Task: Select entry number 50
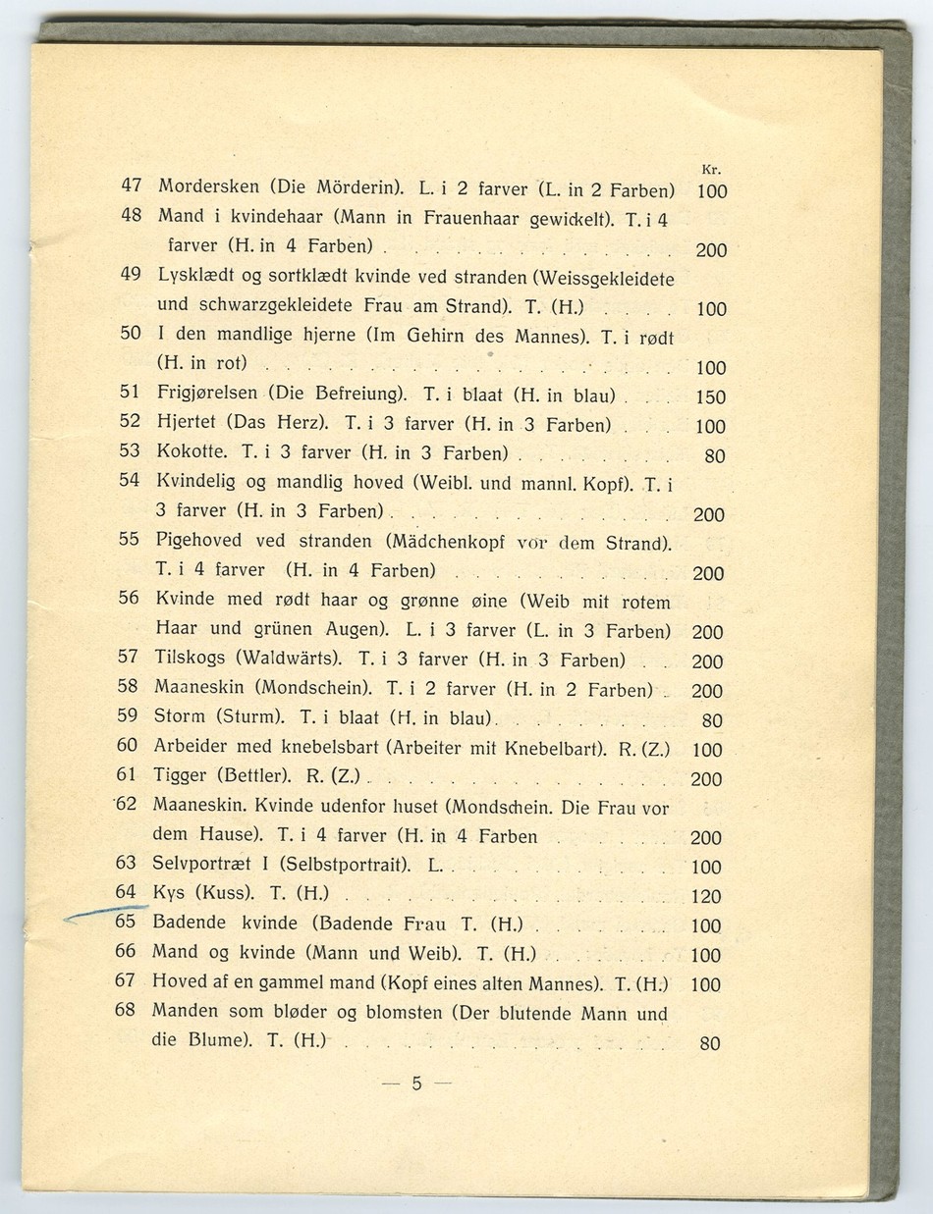click(x=131, y=333)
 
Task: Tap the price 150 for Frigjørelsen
click(x=709, y=397)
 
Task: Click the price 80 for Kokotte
click(x=715, y=456)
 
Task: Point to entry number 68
click(x=124, y=1010)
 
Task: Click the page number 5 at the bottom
click(x=416, y=1084)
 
